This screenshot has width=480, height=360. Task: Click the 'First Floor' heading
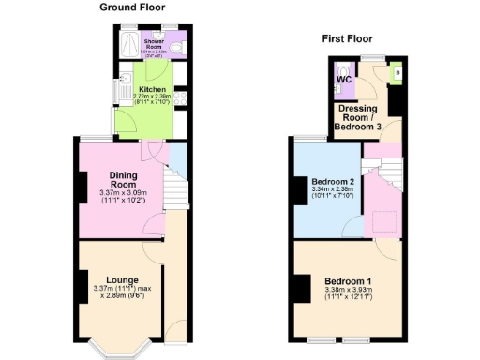347,39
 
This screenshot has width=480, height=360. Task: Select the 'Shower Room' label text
154,44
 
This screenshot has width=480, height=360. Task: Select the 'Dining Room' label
125,179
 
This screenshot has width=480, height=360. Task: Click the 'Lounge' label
123,279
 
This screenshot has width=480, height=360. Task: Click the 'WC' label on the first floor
344,79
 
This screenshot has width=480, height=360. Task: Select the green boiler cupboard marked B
394,71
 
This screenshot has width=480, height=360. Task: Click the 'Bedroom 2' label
330,180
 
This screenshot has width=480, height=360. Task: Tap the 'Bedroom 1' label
349,280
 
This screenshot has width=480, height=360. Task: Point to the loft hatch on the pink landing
381,221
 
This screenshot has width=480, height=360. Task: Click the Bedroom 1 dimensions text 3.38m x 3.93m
348,290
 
